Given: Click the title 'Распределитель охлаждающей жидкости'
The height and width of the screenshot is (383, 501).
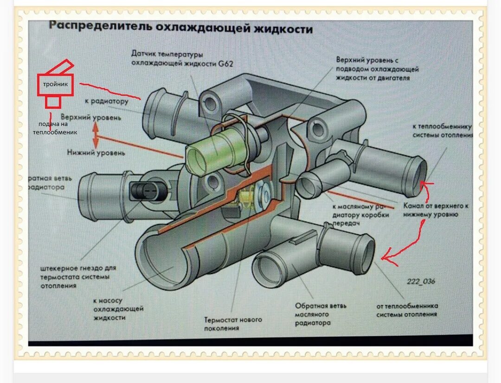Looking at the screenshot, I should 180,27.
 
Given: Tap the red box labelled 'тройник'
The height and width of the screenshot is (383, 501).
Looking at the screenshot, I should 55,85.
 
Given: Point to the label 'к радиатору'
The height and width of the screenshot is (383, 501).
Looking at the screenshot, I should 106,101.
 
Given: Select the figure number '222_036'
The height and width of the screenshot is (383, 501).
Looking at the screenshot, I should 421,281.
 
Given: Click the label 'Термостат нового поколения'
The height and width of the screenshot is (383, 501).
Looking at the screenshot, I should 233,324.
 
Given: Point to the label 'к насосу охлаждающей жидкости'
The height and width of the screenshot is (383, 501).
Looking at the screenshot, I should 118,309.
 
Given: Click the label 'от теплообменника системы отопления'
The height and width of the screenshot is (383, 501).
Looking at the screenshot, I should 407,310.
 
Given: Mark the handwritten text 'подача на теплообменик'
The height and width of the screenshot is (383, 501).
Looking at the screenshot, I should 54,128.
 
